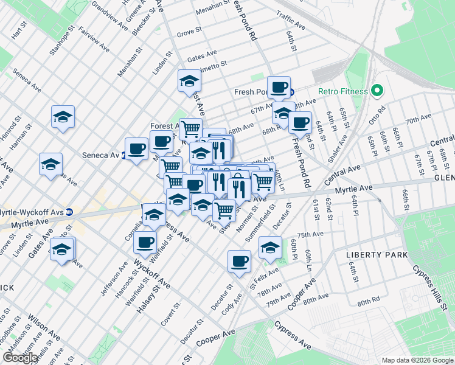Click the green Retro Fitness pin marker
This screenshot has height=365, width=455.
(377, 91)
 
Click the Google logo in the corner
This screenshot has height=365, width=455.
(21, 358)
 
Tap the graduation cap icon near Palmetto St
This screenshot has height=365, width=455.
(189, 80)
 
